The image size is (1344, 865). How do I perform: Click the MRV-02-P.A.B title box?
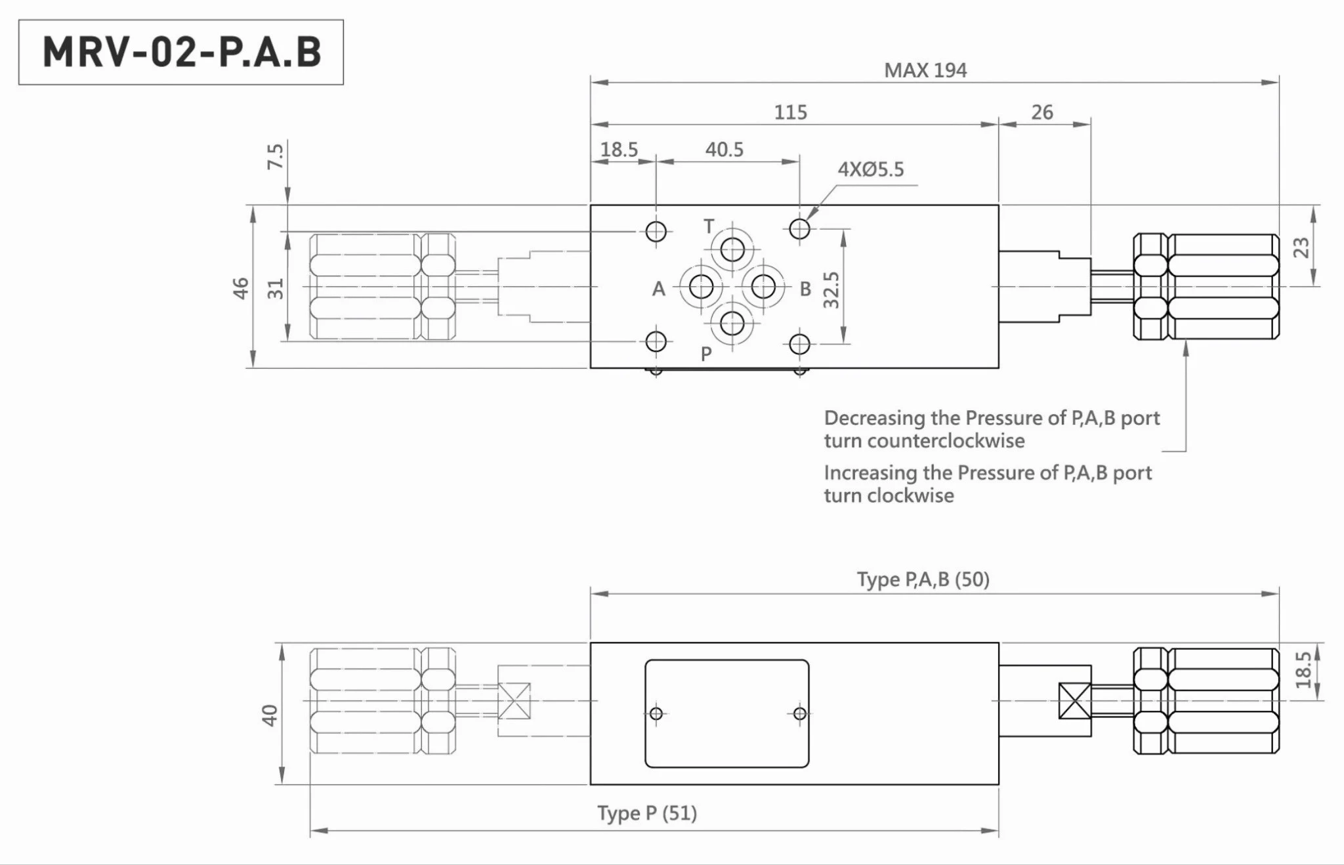point(181,52)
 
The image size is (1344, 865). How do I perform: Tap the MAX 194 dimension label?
point(925,70)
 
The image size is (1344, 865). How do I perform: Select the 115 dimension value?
point(790,112)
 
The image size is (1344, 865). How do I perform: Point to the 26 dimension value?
point(1041,112)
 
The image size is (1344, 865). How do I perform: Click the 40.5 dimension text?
point(724,150)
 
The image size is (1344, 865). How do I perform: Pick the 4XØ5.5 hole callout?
point(870,169)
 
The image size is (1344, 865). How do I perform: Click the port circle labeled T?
point(732,250)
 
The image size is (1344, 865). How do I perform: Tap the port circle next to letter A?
point(701,287)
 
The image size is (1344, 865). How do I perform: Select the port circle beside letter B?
point(763,287)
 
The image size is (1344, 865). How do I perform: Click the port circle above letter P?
point(732,324)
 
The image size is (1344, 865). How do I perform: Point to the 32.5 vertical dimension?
point(831,289)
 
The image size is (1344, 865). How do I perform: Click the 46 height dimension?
point(241,288)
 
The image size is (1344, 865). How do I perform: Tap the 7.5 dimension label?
point(275,156)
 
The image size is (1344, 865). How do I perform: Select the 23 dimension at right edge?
point(1301,247)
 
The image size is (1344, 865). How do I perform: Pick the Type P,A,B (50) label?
point(923,580)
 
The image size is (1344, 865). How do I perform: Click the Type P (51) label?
point(646,813)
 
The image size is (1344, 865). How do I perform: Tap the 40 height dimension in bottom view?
point(270,715)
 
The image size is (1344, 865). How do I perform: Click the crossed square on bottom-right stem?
point(1075,701)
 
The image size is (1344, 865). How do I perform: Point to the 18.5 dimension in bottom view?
point(1303,670)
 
